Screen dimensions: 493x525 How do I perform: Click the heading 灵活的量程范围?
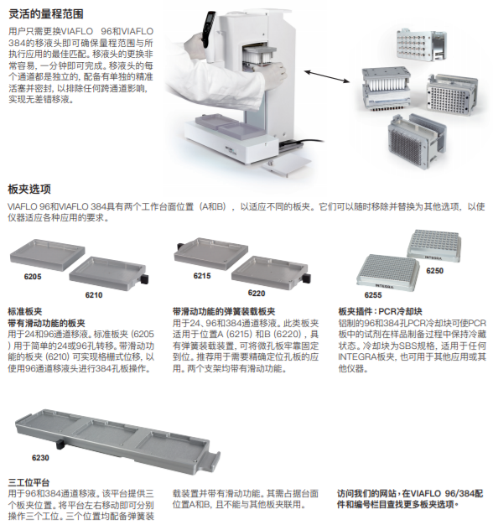[x=45, y=14]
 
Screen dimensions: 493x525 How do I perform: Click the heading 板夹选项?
[x=29, y=190]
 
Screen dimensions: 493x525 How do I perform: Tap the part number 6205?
[x=33, y=277]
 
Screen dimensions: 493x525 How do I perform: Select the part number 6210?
[x=94, y=295]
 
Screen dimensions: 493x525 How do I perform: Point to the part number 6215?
[x=202, y=276]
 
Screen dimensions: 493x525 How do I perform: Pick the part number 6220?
[x=257, y=293]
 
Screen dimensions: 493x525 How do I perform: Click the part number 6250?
[x=435, y=271]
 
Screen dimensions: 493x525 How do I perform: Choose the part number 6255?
[x=373, y=295]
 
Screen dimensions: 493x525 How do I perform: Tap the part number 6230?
[x=40, y=458]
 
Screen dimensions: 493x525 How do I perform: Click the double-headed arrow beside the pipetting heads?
[x=327, y=76]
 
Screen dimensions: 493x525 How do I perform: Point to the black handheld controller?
[x=207, y=29]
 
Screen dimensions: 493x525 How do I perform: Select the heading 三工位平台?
[x=29, y=482]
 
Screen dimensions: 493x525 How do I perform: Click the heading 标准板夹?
[x=25, y=311]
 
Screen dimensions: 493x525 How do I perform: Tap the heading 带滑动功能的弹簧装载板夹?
[x=224, y=311]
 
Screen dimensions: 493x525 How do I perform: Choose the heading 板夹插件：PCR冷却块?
[x=380, y=311]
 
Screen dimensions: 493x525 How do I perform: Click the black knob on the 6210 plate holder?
[x=144, y=279]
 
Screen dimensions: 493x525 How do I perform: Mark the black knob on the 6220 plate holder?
[x=307, y=278]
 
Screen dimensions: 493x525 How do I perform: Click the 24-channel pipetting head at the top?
[x=422, y=44]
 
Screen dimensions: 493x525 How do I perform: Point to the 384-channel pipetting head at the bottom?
[x=417, y=142]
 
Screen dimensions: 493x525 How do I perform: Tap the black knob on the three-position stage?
[x=60, y=445]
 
